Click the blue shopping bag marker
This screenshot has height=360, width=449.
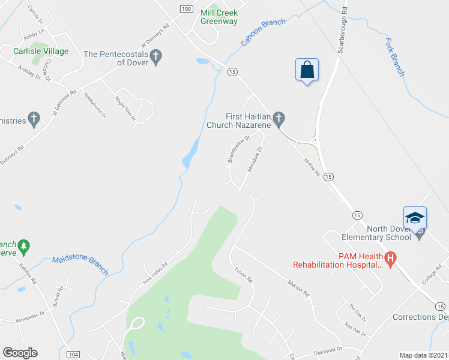[x=307, y=70]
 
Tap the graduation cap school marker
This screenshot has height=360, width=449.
[x=415, y=217]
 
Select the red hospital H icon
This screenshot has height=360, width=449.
[x=390, y=260]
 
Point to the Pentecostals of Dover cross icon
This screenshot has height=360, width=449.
[x=156, y=58]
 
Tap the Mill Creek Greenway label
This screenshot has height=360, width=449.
[x=219, y=17]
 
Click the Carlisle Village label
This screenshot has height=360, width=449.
[x=41, y=52]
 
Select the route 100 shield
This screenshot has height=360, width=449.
[x=186, y=8]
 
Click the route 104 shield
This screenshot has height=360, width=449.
[x=73, y=355]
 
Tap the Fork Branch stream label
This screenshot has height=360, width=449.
[x=394, y=58]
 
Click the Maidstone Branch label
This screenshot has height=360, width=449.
[x=80, y=265]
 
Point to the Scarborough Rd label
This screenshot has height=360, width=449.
[x=342, y=29]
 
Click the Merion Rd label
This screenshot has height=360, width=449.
[x=298, y=289]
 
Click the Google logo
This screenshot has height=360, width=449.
[x=20, y=353]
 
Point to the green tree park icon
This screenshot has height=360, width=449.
[x=23, y=245]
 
